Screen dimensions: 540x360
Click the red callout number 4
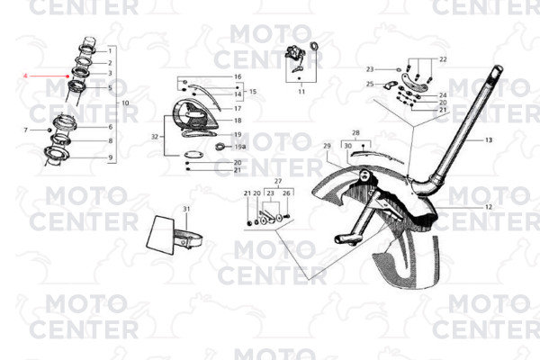point(25,76)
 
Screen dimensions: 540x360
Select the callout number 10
point(125,103)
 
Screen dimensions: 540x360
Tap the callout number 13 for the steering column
point(489,139)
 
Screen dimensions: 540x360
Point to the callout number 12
point(489,207)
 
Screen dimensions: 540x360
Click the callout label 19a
point(240,147)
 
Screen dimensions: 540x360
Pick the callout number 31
point(186,209)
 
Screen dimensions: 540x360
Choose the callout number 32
point(155,137)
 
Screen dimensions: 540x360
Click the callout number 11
point(301,91)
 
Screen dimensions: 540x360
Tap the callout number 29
point(328,146)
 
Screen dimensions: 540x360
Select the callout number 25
point(370,84)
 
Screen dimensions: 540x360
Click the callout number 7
point(25,130)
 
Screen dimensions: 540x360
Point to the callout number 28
point(356,132)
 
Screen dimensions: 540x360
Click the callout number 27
point(278,181)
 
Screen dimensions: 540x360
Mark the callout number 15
point(253,91)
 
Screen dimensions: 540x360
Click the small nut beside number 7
point(49,130)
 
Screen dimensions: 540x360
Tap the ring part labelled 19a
point(219,147)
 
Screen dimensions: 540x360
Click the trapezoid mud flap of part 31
point(160,235)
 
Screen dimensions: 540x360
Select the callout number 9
point(111,157)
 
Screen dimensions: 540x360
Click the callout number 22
point(443,59)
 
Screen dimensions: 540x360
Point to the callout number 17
point(238,109)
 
